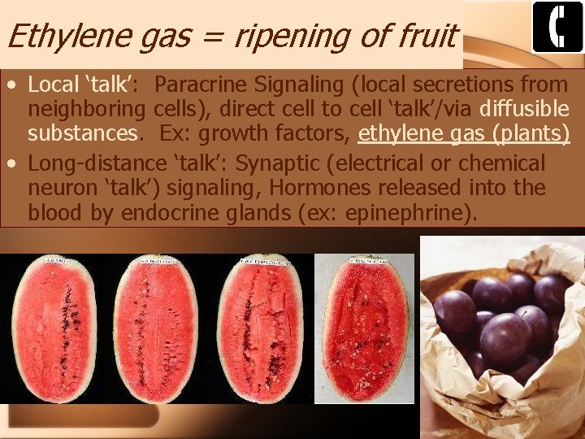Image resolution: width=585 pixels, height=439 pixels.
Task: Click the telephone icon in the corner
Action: tap(557, 27)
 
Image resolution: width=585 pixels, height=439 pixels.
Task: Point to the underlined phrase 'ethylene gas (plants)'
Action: tap(464, 132)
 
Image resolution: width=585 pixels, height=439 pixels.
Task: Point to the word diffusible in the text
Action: tap(524, 108)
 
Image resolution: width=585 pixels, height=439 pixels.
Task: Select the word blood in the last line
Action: tap(55, 214)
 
